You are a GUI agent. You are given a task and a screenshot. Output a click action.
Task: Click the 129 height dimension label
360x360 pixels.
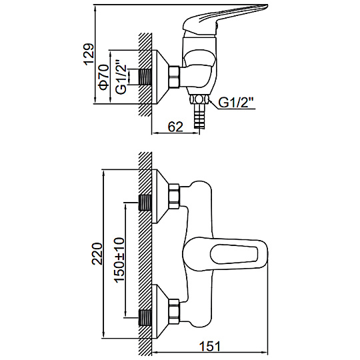(89, 55)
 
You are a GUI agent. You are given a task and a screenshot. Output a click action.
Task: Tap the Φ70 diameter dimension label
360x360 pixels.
(104, 77)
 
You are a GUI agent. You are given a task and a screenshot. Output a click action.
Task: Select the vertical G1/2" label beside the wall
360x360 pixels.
(121, 77)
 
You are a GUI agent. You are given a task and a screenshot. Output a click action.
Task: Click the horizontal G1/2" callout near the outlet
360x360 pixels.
(236, 102)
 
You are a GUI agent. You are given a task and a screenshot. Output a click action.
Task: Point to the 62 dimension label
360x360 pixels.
(175, 127)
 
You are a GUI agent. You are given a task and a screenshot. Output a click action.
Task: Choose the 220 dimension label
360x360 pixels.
(97, 254)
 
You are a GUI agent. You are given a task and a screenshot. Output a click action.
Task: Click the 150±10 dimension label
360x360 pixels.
(119, 260)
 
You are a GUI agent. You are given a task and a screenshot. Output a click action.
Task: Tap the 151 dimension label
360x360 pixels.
(210, 346)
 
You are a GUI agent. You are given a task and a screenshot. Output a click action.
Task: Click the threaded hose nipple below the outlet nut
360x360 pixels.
(199, 116)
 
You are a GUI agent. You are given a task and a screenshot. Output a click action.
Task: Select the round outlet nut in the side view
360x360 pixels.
(199, 99)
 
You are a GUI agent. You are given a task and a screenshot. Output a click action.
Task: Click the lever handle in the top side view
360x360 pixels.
(225, 19)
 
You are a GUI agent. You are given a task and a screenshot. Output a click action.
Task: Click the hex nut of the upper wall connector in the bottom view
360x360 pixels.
(174, 196)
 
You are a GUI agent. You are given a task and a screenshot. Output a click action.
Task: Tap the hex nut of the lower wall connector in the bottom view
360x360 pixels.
(174, 312)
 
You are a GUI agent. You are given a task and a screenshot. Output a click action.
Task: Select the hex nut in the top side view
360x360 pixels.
(174, 77)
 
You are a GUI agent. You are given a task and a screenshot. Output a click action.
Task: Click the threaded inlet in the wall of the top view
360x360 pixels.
(145, 77)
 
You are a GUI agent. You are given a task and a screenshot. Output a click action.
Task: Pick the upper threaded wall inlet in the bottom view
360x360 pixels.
(145, 203)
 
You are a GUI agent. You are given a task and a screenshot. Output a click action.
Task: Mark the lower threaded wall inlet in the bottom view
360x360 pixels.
(145, 318)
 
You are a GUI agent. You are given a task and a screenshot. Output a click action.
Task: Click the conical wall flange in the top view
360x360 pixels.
(160, 77)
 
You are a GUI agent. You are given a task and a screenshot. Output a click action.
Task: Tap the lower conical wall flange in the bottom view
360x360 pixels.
(160, 311)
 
